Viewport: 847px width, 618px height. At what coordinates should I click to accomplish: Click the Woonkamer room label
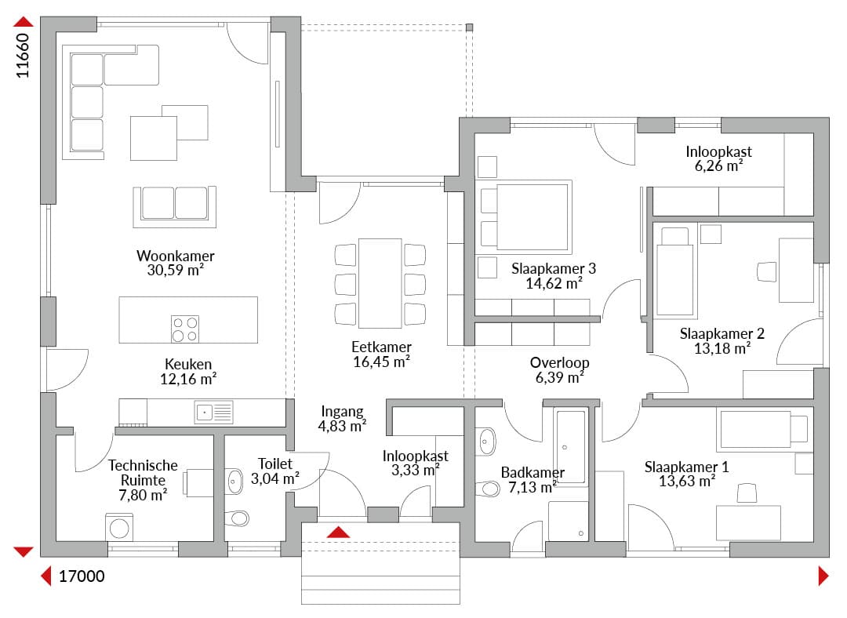coord(176,256)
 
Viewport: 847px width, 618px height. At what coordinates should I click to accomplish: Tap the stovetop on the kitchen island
coord(185,329)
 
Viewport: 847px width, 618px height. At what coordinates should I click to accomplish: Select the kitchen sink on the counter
coord(214,413)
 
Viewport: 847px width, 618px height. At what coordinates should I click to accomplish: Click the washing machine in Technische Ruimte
coord(120,527)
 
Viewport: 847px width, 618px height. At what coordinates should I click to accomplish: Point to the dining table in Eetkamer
coord(380,283)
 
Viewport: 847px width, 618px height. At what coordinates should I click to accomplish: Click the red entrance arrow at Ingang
coord(338,532)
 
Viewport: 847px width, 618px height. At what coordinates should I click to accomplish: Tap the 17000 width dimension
coord(82,576)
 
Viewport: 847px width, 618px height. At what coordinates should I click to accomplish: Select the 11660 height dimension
coord(23,56)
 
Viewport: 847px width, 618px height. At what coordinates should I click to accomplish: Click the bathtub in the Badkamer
coord(570,447)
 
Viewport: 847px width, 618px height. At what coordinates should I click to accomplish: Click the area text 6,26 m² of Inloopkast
coord(718,165)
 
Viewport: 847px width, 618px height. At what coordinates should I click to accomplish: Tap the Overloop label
coord(560,362)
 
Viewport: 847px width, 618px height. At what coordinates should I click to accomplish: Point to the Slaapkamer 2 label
coord(722,334)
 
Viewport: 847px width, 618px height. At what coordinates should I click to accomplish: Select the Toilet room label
coord(275,463)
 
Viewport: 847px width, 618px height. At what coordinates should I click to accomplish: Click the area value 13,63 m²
coord(687,481)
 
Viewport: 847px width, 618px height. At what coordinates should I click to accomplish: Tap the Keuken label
coord(188,364)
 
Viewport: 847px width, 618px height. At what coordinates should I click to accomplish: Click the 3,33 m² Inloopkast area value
coord(416,470)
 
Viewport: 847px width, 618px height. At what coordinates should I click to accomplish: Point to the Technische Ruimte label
coord(143,473)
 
